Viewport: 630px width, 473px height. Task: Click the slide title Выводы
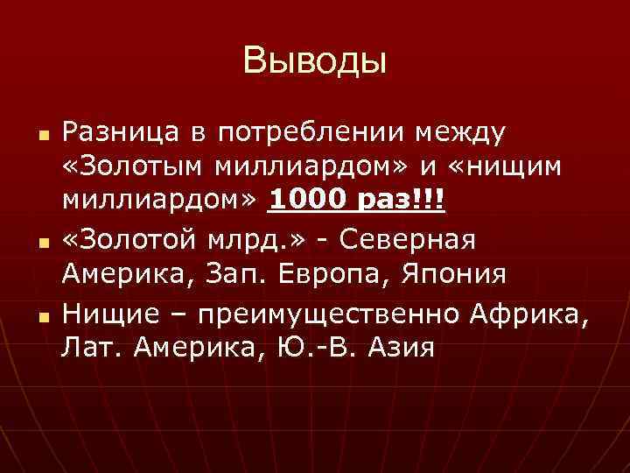pyautogui.click(x=315, y=60)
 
